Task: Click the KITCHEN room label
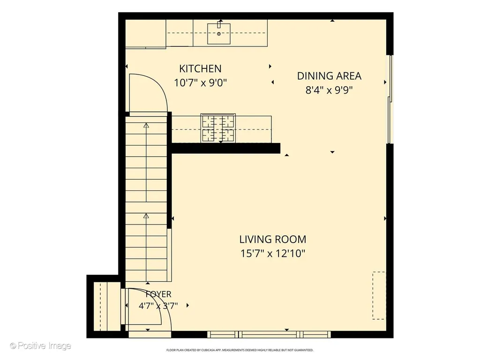[x=200, y=68]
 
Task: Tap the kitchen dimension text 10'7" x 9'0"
[x=200, y=82]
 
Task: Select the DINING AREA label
[x=329, y=76]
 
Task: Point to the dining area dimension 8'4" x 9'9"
[x=329, y=90]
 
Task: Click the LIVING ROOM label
[x=273, y=239]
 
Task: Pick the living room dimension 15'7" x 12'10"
[x=273, y=254]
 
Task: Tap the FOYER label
[x=158, y=294]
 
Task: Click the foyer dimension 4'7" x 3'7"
[x=158, y=306]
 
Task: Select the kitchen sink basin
[x=219, y=34]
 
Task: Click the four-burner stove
[x=218, y=128]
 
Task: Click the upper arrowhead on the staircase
[x=146, y=125]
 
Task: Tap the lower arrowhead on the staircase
[x=146, y=216]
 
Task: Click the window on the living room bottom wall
[x=269, y=334]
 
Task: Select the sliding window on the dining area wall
[x=390, y=99]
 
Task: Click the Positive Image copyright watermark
[x=40, y=346]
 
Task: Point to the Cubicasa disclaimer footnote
[x=240, y=350]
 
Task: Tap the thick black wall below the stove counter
[x=226, y=148]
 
